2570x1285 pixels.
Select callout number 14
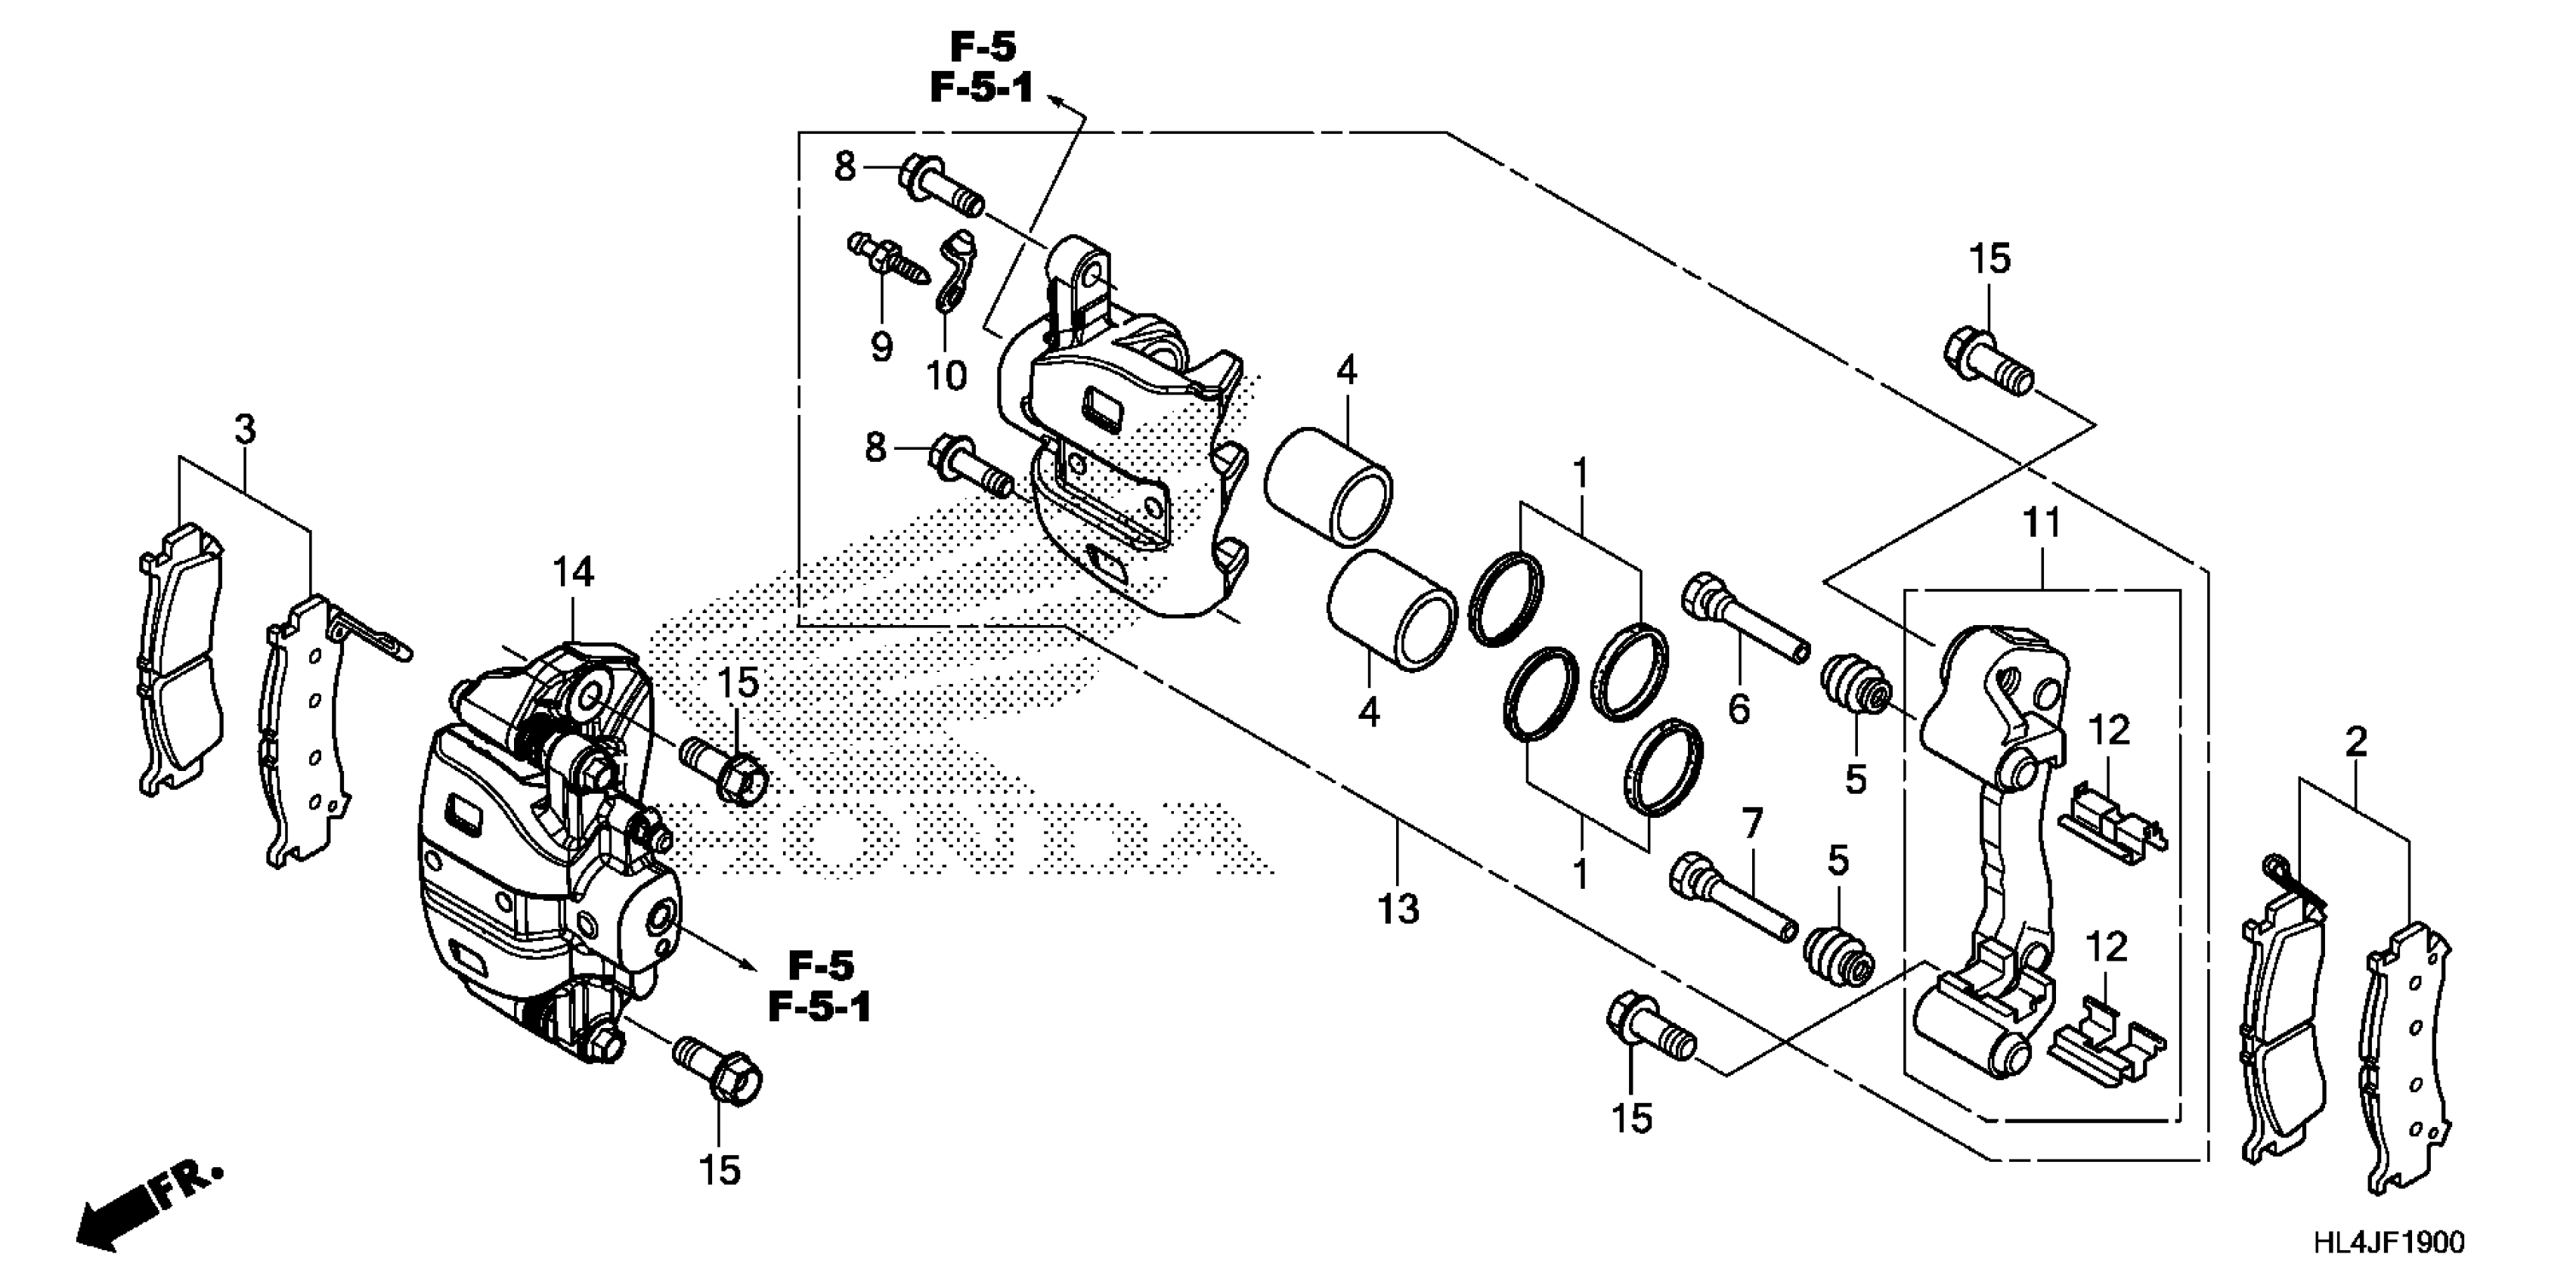574,573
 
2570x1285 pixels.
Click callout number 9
881,347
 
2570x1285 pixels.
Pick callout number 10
946,376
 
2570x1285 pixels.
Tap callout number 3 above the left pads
244,430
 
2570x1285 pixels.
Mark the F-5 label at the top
982,46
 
